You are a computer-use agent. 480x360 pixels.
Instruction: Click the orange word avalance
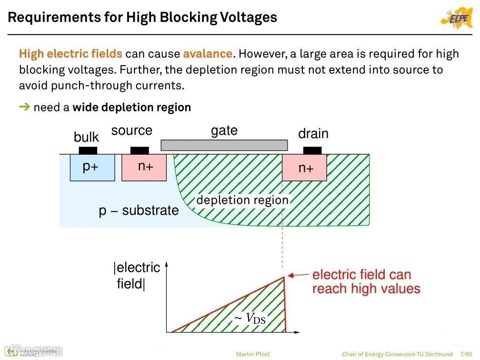tap(208, 53)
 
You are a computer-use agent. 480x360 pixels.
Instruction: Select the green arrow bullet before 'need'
tap(24, 107)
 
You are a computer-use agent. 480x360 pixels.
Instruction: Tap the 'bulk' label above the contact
tap(86, 137)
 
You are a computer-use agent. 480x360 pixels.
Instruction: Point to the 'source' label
tap(131, 130)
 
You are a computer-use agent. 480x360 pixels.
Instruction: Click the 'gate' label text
tap(224, 130)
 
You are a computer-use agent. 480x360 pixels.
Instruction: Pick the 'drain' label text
tap(313, 134)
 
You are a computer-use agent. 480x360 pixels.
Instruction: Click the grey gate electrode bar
tap(224, 145)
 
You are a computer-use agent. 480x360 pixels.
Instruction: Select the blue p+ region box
tap(92, 167)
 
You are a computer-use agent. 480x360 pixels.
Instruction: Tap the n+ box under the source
tap(144, 167)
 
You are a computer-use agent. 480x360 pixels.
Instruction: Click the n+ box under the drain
tap(305, 167)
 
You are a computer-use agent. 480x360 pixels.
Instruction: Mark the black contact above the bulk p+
tap(88, 150)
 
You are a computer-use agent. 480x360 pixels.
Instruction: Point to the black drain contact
tap(312, 150)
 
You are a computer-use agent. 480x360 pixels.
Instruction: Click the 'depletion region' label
tap(242, 200)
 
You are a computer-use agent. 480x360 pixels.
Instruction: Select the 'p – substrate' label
tap(139, 210)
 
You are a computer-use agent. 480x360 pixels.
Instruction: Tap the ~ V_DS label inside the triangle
tap(250, 319)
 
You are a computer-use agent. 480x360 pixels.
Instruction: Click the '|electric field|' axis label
tap(136, 276)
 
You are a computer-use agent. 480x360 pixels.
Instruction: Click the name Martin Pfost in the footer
tap(253, 354)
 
